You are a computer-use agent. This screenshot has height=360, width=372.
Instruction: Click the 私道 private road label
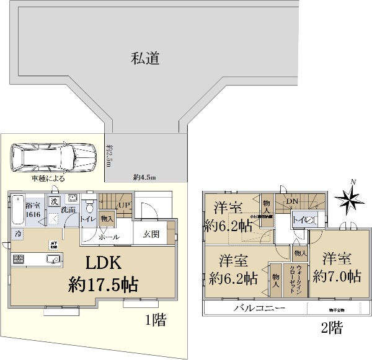click(x=146, y=59)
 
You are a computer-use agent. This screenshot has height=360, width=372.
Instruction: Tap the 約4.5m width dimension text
click(x=145, y=177)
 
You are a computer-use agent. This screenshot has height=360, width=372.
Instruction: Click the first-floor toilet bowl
click(x=88, y=204)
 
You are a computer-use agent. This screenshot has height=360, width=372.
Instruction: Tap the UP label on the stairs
click(x=123, y=205)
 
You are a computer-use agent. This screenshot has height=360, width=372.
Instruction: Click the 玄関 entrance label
click(x=151, y=235)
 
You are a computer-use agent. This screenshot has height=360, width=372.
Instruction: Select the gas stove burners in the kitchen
click(x=18, y=259)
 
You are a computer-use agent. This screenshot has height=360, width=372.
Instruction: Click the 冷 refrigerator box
click(x=19, y=235)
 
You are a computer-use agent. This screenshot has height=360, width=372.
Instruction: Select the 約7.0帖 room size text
click(x=337, y=276)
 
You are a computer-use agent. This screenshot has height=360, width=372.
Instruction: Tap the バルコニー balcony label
click(x=259, y=308)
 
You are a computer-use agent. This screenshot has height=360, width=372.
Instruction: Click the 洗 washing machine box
click(x=54, y=201)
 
